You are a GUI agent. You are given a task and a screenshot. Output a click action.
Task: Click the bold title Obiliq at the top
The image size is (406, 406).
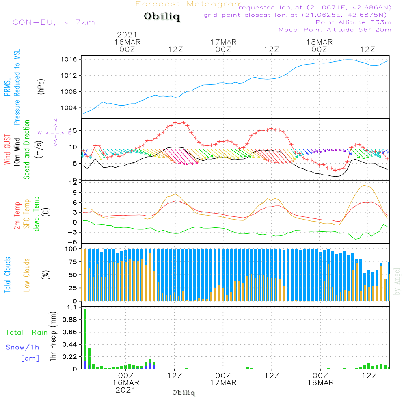(x=161, y=17)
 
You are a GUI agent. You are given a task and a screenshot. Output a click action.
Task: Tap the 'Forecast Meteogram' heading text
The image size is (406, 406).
(x=189, y=4)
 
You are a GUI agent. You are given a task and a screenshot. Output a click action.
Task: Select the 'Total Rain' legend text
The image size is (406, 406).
(x=27, y=332)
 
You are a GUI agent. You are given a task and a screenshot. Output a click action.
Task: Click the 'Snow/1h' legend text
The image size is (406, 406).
(x=22, y=347)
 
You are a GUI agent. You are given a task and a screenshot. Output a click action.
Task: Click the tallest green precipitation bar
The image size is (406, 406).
(x=85, y=339)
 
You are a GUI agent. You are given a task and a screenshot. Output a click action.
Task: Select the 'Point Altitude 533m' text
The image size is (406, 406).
(x=353, y=22)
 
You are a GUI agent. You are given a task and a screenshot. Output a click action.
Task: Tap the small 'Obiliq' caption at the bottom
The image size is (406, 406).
(x=184, y=393)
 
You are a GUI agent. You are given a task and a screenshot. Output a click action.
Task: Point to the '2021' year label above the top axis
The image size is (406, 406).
(x=127, y=35)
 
